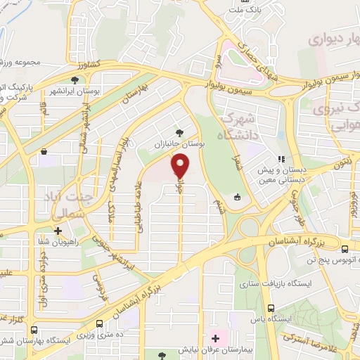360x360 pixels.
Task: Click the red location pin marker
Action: click(181, 166)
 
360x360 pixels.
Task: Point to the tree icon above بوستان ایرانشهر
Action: click(75, 81)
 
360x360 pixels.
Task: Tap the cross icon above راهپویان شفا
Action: click(58, 230)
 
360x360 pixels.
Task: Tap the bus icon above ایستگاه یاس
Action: click(271, 307)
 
